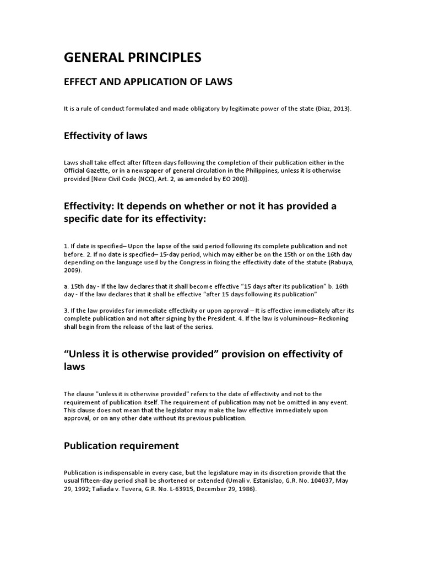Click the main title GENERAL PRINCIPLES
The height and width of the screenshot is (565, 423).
(133, 57)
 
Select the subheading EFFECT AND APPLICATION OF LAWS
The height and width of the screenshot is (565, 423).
(148, 82)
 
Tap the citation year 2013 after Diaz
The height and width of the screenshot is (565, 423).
(340, 109)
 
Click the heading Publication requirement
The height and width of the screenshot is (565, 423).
(121, 445)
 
